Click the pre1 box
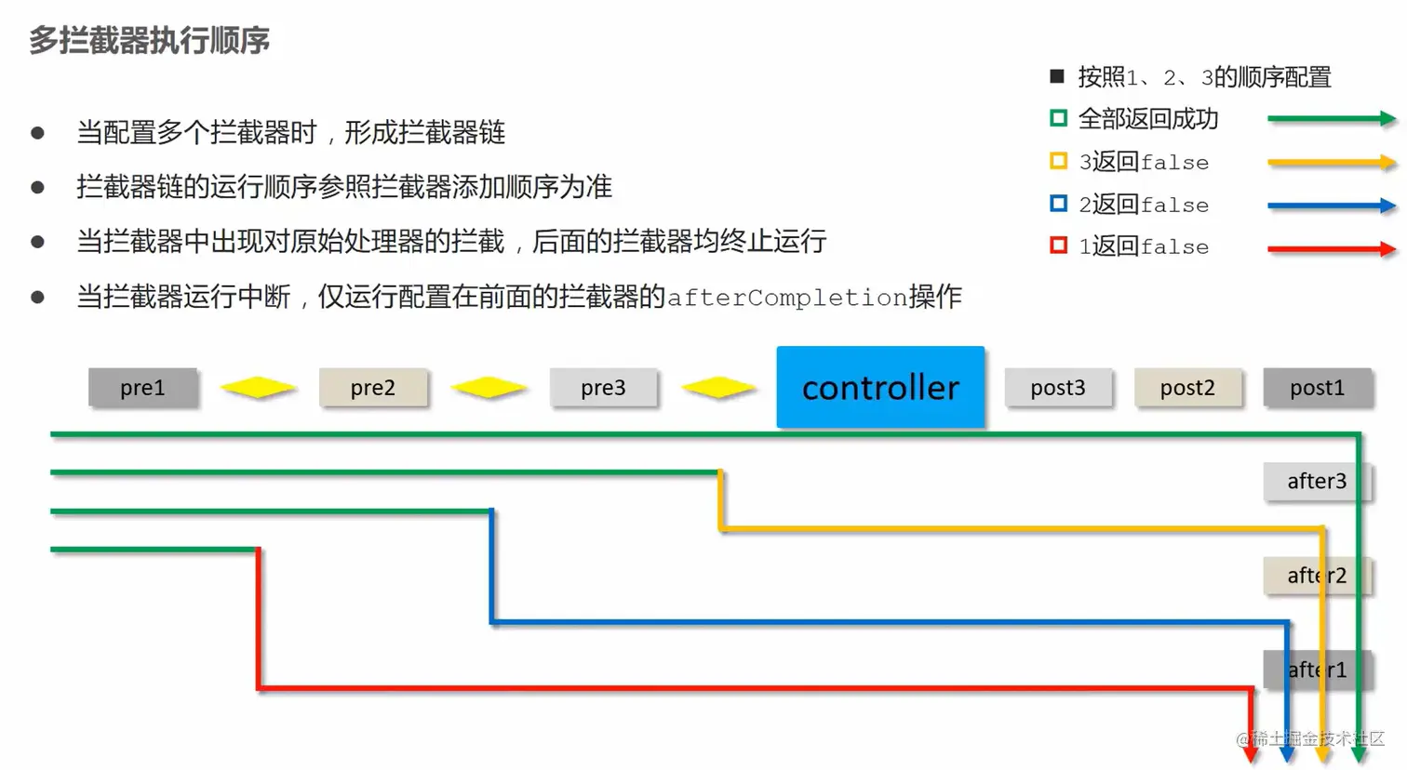tap(142, 388)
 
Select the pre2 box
tap(373, 388)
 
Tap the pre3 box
tap(603, 388)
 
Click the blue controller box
tap(880, 387)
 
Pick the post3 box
tap(1058, 388)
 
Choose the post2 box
tap(1187, 388)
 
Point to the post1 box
tap(1317, 388)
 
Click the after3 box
tap(1316, 482)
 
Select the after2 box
tap(1316, 576)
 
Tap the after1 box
tap(1316, 670)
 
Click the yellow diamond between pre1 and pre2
tap(259, 388)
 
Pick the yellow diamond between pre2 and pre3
tap(489, 388)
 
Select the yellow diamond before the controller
tap(719, 388)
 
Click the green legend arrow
tap(1331, 119)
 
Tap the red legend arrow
tap(1331, 249)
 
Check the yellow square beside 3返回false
tap(1058, 162)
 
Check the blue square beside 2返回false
tap(1058, 204)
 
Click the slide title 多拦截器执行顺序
tap(149, 41)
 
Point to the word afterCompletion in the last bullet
tap(787, 298)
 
